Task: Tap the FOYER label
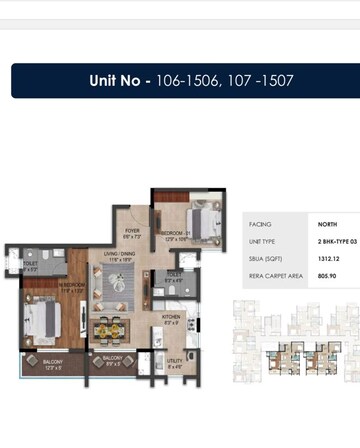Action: [131, 232]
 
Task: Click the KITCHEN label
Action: [171, 319]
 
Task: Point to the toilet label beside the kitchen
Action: [174, 276]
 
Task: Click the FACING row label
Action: [260, 224]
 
